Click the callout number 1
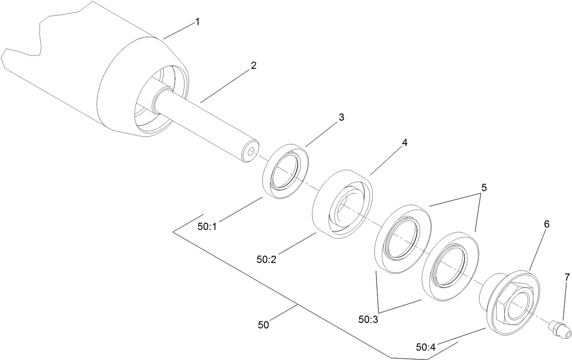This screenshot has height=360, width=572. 197,21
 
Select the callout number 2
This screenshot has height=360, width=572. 253,65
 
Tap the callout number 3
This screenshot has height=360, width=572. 341,117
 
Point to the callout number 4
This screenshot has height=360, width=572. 404,142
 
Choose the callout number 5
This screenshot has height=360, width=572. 484,187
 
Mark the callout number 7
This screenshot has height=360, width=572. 567,276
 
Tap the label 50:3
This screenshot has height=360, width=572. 369,320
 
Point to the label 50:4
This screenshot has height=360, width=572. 426,347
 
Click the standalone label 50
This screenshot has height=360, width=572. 263,325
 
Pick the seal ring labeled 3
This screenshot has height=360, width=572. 286,170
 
